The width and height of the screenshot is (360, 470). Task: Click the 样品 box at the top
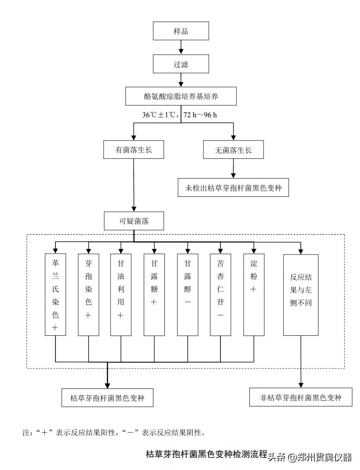coord(181,31)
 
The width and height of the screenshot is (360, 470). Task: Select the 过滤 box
coord(181,64)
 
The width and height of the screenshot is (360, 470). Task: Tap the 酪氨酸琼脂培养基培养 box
coord(181,96)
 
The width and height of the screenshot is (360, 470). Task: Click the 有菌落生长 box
coord(133,150)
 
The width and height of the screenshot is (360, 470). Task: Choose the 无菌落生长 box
coord(233,150)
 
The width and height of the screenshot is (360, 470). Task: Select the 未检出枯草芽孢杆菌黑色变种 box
coord(233,188)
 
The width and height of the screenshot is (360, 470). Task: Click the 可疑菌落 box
coord(133,221)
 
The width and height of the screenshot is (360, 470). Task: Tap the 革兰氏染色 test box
coord(55,294)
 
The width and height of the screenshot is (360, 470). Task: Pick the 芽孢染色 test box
coord(88,294)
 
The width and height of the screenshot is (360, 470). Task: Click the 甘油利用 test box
coord(121,294)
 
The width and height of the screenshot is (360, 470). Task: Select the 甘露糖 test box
coord(154,294)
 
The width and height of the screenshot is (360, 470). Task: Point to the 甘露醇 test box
coord(187,294)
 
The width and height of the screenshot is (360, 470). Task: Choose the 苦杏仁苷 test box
coord(220,294)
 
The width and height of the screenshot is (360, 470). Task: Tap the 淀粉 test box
coord(254,294)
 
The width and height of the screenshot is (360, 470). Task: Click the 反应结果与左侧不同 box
coord(301,294)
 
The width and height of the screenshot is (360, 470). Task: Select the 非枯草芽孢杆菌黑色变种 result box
coord(301,397)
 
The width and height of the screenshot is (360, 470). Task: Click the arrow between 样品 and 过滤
coord(181,48)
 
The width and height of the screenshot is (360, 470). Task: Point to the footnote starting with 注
coord(114,433)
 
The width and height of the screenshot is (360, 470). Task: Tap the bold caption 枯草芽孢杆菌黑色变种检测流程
coord(206,454)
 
